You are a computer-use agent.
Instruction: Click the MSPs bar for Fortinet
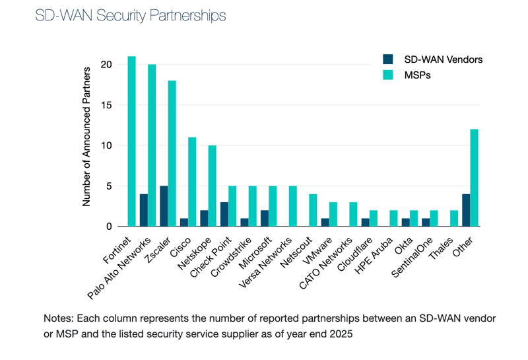click(132, 141)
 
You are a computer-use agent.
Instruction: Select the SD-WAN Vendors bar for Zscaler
click(164, 206)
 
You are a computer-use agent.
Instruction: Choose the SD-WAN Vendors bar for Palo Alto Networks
click(144, 210)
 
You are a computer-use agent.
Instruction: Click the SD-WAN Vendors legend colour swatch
click(388, 59)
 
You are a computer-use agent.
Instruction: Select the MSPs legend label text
click(418, 75)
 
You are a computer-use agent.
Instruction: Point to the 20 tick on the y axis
click(106, 65)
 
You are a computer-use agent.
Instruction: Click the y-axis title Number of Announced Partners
click(87, 145)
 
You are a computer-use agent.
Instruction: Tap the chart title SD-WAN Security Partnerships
click(131, 16)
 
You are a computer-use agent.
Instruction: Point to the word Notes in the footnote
click(57, 318)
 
